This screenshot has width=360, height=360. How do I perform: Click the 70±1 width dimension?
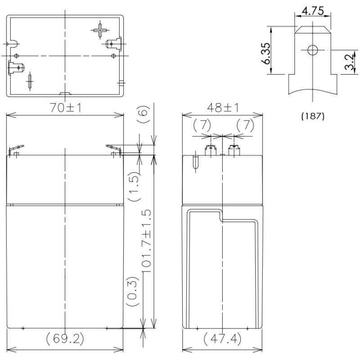pos(66,108)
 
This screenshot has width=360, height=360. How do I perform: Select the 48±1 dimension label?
pos(223,108)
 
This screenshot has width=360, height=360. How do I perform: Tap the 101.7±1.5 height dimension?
pos(147,241)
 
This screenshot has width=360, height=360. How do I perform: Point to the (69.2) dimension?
pos(65,339)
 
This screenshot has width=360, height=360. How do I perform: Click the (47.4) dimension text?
pos(222,339)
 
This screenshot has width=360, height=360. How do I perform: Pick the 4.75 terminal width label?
pos(313,11)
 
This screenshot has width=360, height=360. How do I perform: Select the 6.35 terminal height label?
pos(267,54)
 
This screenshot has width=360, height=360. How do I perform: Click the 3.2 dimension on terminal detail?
pos(350,62)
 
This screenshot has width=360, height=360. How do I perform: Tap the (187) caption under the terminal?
pos(313,116)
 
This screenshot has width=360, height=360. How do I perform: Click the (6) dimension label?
pos(144,114)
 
